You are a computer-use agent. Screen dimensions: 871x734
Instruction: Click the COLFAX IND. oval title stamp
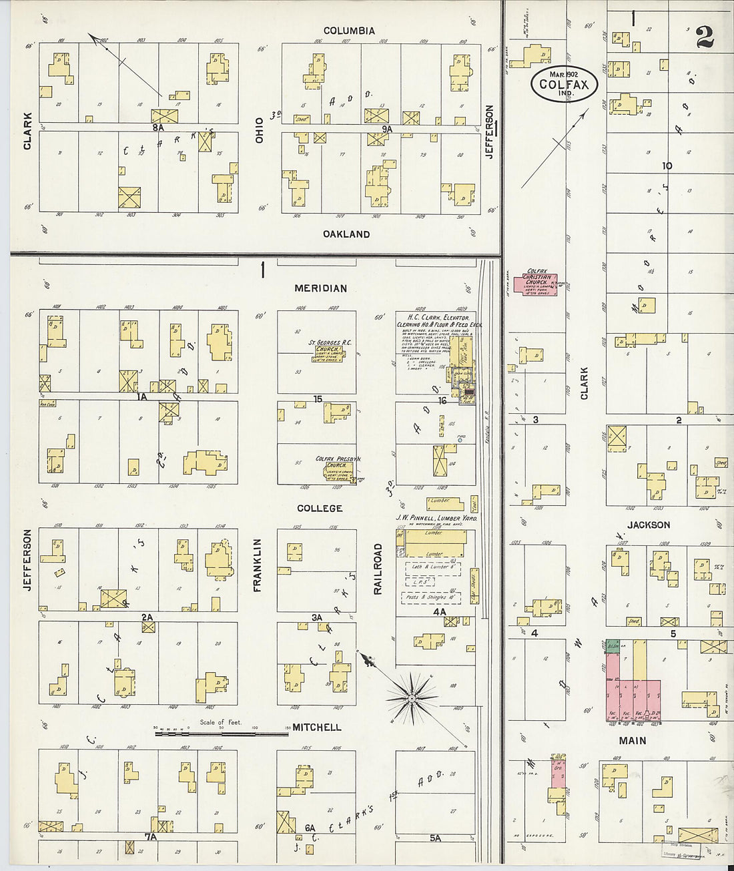564,84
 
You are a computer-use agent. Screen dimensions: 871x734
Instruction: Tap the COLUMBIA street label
349,31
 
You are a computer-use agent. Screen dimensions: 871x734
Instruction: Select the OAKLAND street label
346,234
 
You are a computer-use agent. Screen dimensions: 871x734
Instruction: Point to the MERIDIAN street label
320,288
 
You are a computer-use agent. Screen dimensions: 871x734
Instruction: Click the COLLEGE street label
320,509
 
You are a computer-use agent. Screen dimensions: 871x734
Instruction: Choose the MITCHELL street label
317,728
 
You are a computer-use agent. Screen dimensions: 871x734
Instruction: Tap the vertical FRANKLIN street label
257,565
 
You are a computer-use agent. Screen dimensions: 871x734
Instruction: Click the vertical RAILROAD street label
378,569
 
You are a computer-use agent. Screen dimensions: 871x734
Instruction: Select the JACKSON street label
649,525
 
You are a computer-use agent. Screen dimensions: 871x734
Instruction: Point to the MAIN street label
632,741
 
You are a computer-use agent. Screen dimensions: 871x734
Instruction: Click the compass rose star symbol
412,697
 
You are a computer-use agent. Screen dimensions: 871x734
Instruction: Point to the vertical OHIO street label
259,130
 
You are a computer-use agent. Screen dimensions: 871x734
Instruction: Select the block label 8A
157,126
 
